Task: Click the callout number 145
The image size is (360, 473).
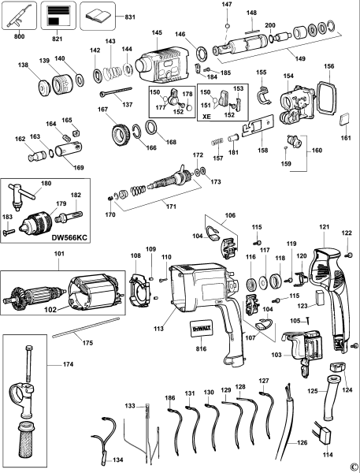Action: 157,32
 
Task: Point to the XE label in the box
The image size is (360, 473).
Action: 208,115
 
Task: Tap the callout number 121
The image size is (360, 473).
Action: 323,228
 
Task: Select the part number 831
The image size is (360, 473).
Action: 131,16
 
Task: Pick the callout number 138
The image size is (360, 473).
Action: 24,65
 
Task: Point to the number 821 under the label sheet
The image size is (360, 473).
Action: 57,35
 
